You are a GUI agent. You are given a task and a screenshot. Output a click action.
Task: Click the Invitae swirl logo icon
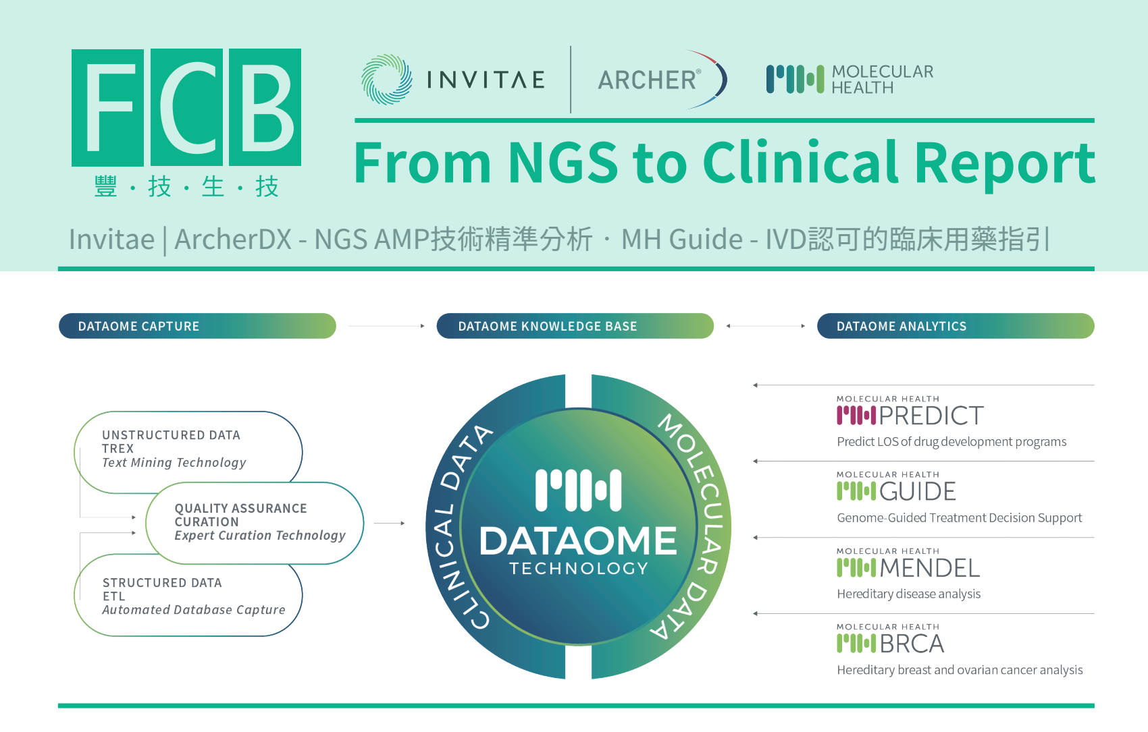point(386,80)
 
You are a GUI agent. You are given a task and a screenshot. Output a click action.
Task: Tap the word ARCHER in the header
point(647,80)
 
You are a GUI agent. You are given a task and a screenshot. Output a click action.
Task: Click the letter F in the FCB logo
point(107,107)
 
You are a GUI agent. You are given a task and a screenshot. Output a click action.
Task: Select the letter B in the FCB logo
point(265,107)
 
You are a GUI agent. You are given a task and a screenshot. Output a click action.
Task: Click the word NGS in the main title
point(563,163)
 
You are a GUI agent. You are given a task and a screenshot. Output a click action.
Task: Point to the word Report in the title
point(1004,165)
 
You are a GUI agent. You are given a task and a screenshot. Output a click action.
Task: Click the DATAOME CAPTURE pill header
point(197,326)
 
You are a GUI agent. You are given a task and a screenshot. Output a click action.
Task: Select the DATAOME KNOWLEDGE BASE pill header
point(575,326)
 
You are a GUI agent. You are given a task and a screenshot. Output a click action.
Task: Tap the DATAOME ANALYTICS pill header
point(956,326)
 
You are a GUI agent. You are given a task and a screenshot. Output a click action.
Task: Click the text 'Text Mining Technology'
point(174,463)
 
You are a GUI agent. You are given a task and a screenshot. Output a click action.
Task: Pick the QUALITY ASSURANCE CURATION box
point(255,523)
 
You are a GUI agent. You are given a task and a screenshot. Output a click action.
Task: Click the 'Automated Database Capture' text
point(194,610)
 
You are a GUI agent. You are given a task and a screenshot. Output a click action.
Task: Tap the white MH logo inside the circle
point(579,490)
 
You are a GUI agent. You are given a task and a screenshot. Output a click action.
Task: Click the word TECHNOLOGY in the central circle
point(579,568)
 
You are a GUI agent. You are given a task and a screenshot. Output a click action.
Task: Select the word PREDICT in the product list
point(931,416)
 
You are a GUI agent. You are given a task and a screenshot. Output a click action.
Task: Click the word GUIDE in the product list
point(917,491)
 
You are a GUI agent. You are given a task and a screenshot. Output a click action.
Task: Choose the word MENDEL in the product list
point(930,567)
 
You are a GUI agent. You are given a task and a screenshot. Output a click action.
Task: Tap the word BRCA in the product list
point(912,644)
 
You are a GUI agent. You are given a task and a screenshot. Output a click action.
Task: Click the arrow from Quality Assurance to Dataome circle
point(390,523)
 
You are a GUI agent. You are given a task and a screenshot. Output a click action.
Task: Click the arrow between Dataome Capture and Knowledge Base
point(386,326)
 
